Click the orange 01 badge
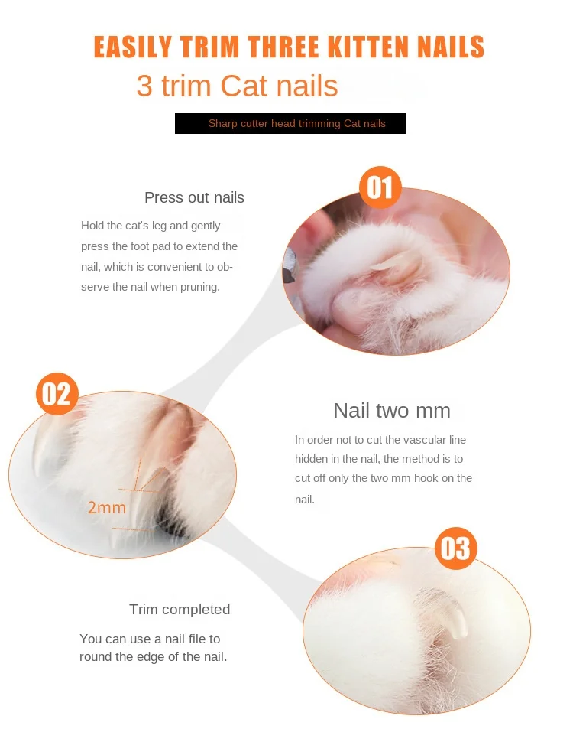coord(380,187)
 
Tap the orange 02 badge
coord(57,394)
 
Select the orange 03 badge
coord(456,548)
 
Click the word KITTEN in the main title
coord(367,47)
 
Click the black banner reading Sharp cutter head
coord(290,123)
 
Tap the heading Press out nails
coord(194,197)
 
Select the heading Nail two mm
coord(392,410)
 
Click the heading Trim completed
coord(180,610)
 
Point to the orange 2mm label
coord(107,508)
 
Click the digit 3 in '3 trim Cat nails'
coord(144,86)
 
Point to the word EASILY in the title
coord(133,47)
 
